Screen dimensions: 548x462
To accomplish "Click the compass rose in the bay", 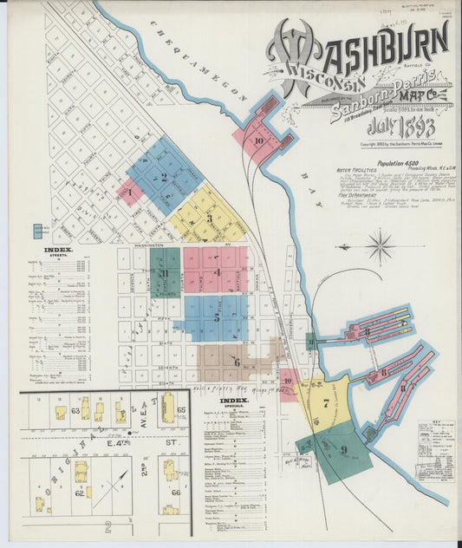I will [x=379, y=245].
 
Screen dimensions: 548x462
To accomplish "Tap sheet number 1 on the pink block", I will [x=129, y=192].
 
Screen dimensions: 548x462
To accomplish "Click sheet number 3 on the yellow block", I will [x=208, y=218].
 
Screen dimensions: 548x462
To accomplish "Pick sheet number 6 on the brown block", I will [x=236, y=362].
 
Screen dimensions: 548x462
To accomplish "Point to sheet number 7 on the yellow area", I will [x=326, y=402].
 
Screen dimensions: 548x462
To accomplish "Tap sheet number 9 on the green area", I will [x=343, y=449].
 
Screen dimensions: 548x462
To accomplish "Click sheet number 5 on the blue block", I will [x=216, y=317].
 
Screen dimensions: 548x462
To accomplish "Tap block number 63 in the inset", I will [x=76, y=409].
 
